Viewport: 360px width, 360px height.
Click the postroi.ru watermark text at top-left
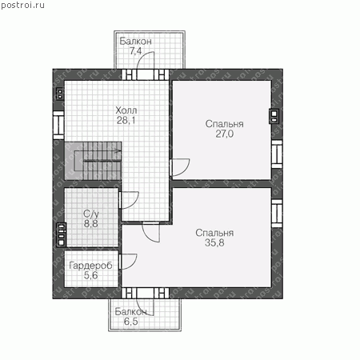point(22,6)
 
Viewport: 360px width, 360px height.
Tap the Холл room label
point(126,110)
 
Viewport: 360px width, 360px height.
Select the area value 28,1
point(126,121)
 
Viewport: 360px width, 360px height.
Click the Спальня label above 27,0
point(224,124)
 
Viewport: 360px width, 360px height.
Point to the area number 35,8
point(214,243)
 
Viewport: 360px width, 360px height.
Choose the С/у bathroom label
point(91,214)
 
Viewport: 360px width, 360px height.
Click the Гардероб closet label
point(90,266)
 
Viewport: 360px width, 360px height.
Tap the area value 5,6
point(90,275)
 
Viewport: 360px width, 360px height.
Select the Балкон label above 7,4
point(135,42)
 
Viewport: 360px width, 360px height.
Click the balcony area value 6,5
point(130,322)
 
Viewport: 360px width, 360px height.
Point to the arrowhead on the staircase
point(118,151)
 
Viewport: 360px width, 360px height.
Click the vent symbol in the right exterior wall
point(274,117)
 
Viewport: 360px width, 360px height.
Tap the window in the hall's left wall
point(58,126)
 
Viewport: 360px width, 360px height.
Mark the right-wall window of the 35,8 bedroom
point(277,214)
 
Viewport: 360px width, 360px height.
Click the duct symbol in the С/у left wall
point(62,234)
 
